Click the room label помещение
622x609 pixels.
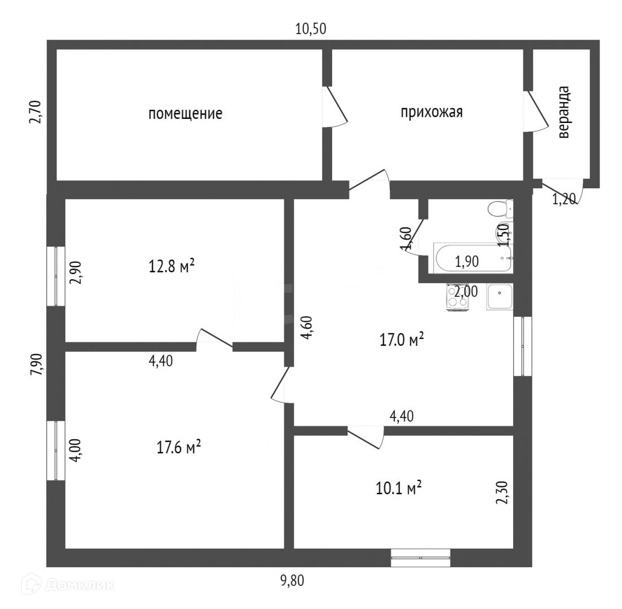point(185,114)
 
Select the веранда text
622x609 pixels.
point(563,113)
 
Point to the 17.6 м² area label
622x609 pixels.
point(178,448)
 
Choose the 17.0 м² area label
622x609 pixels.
point(400,340)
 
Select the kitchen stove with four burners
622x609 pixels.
point(457,298)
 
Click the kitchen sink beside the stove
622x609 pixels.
point(500,297)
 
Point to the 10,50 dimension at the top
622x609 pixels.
point(311,29)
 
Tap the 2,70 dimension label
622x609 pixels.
point(36,112)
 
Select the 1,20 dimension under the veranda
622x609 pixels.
point(564,198)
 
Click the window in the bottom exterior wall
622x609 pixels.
point(421,557)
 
